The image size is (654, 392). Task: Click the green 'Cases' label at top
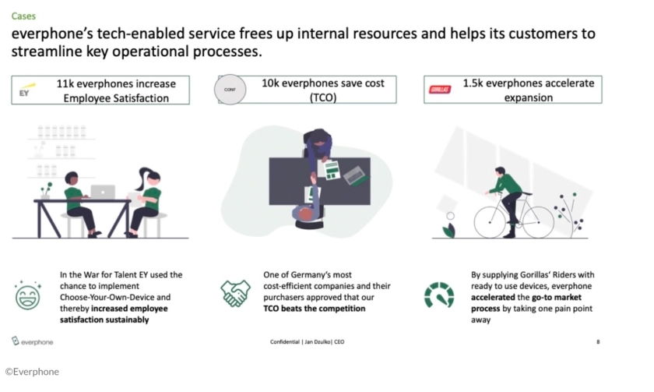point(23,16)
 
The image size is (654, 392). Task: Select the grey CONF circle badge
point(230,90)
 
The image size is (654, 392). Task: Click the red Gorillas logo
point(440,90)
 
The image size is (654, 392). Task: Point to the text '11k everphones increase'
point(116,83)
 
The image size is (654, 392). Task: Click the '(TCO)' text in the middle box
point(322,97)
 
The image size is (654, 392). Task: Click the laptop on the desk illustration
point(102,192)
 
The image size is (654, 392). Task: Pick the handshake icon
point(235,294)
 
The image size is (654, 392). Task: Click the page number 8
point(598,341)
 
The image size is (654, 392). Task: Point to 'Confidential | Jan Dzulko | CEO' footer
point(307,341)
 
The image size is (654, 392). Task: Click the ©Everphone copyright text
point(32,372)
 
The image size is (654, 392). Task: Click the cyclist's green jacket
point(509,184)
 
